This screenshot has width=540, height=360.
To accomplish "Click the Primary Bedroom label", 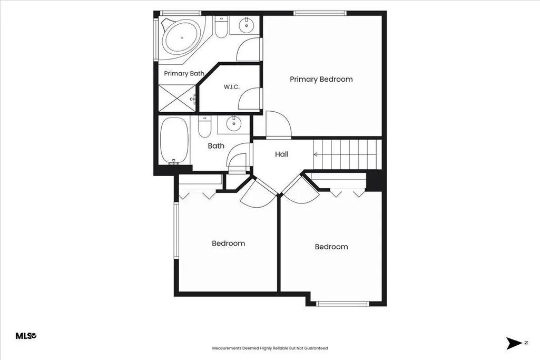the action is pyautogui.click(x=321, y=79).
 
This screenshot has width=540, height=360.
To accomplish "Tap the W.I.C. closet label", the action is pyautogui.click(x=231, y=87).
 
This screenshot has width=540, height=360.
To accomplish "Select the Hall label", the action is pyautogui.click(x=282, y=154).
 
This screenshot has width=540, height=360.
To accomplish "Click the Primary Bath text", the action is pyautogui.click(x=184, y=73).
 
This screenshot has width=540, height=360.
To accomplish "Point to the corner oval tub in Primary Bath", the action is pyautogui.click(x=181, y=37).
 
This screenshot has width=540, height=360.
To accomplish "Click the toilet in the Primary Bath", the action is pyautogui.click(x=221, y=26).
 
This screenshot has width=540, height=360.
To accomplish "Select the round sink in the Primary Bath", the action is pyautogui.click(x=246, y=25).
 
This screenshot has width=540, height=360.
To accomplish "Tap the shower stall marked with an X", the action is pyautogui.click(x=177, y=98).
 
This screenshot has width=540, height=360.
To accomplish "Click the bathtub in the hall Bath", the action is pyautogui.click(x=174, y=141).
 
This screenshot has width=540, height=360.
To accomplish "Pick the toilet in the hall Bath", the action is pyautogui.click(x=204, y=127).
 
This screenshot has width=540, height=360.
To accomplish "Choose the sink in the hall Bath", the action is pyautogui.click(x=234, y=124).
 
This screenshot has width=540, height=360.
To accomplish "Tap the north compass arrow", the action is pyautogui.click(x=514, y=343).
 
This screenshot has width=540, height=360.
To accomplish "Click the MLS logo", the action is pyautogui.click(x=26, y=336).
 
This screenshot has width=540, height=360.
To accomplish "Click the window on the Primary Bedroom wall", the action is pyautogui.click(x=320, y=13).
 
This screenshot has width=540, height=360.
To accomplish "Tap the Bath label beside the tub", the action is pyautogui.click(x=216, y=145).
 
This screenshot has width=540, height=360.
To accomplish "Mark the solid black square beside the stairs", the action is pyautogui.click(x=374, y=180).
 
